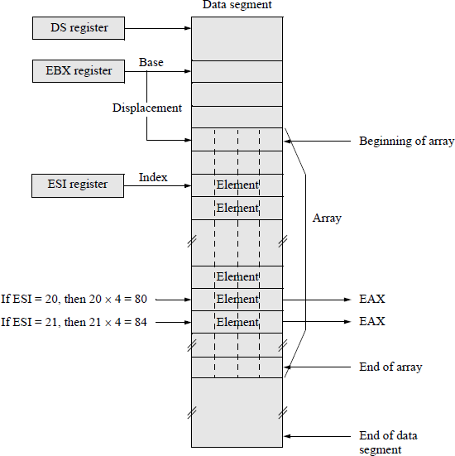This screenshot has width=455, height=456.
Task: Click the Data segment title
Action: click(x=237, y=6)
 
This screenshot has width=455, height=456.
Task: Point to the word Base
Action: click(x=151, y=62)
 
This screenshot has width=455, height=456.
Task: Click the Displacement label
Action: click(x=147, y=108)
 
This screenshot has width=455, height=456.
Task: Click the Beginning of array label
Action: click(x=406, y=142)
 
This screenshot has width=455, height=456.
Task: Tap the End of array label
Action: click(x=390, y=367)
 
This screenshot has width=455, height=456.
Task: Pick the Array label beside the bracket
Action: click(x=327, y=218)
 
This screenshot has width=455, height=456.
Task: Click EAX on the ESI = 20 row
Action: click(x=371, y=299)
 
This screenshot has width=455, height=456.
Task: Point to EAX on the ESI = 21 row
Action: click(x=371, y=321)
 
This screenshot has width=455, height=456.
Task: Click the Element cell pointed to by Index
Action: click(x=237, y=185)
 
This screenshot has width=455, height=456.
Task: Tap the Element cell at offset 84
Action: click(x=237, y=321)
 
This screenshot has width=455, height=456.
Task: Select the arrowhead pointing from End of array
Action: click(x=288, y=367)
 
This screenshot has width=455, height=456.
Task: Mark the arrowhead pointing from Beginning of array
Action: click(x=288, y=142)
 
